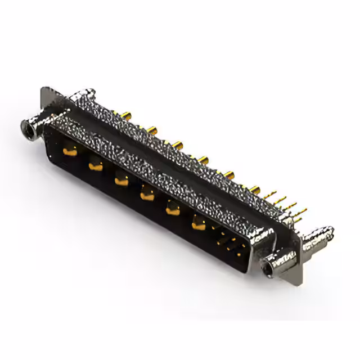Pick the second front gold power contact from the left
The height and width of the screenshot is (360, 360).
pos(95,165)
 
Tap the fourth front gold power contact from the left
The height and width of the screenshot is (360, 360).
pos(146,195)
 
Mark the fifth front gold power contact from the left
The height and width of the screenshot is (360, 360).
pos(172,210)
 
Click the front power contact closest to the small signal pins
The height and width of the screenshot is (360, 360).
pos(198,224)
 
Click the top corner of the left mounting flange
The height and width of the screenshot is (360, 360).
pos(45,90)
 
